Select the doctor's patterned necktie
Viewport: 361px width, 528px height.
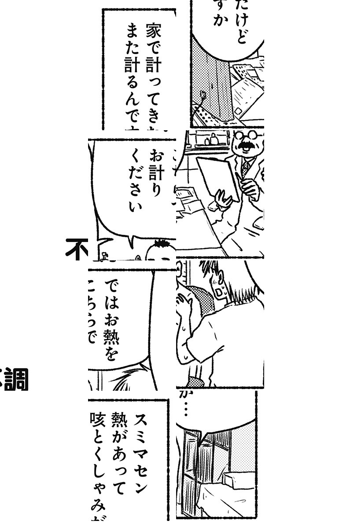(x=246, y=167)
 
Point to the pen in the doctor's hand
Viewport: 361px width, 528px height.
(x=241, y=179)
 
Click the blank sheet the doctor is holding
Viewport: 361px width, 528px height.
(x=216, y=176)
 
